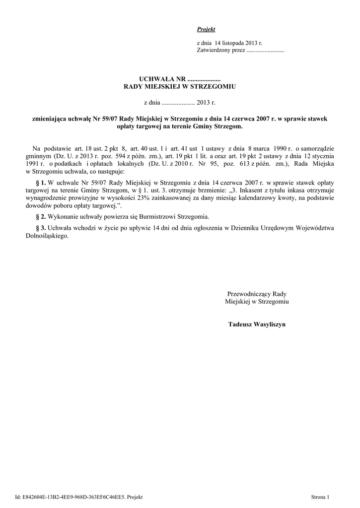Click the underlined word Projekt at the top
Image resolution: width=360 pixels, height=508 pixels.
[206, 30]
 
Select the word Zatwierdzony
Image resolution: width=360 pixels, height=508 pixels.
[213, 51]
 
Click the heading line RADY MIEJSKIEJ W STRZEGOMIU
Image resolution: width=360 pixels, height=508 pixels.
[179, 86]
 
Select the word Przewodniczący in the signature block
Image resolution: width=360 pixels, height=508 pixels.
[247, 294]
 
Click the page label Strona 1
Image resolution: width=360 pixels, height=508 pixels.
[320, 496]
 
